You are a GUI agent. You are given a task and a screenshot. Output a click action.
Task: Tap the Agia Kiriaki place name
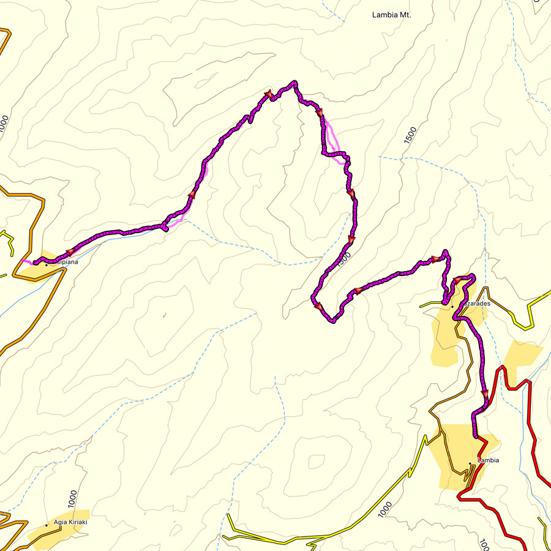click(x=70, y=522)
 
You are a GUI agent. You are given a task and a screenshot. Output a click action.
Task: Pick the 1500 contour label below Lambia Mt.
click(x=410, y=135)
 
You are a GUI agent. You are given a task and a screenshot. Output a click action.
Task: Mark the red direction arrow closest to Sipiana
click(x=69, y=252)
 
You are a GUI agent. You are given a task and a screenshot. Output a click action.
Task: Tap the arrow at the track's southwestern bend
click(x=317, y=305)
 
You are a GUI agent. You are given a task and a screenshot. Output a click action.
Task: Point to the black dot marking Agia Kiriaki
click(x=47, y=525)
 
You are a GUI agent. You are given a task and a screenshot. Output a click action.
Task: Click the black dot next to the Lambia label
click(x=470, y=463)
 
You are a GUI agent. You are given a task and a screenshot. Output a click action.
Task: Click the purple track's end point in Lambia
click(x=477, y=437)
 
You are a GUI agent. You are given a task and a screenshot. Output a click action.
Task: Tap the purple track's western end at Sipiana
click(x=35, y=263)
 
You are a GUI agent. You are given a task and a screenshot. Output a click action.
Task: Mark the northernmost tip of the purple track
click(x=294, y=81)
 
